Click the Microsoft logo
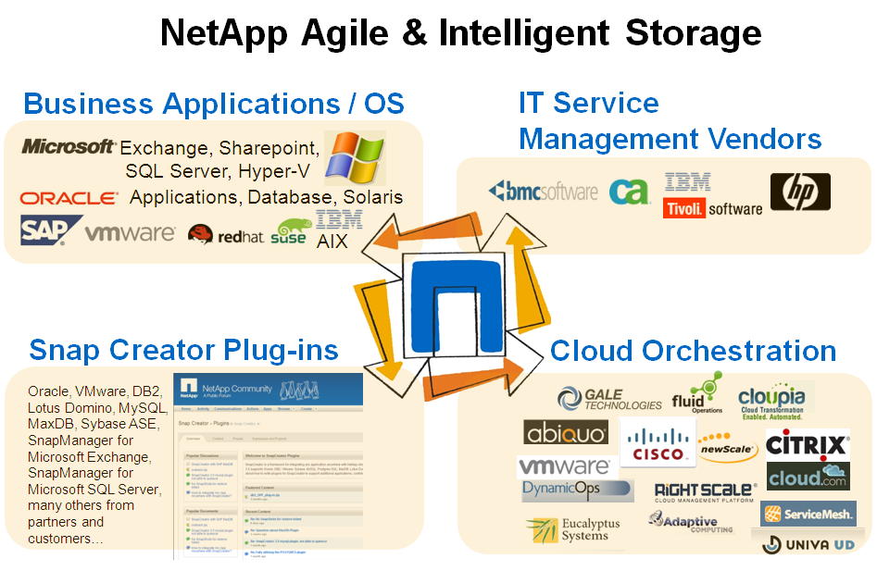point(69,146)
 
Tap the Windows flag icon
point(353,155)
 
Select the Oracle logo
point(69,198)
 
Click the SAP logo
point(45,230)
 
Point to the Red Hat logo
point(226,235)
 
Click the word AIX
point(332,242)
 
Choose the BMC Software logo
point(544,192)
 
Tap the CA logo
point(629,191)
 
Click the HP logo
point(800,192)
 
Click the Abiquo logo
point(566,433)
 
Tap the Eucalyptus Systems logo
point(574,530)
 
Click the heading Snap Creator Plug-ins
point(183,350)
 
